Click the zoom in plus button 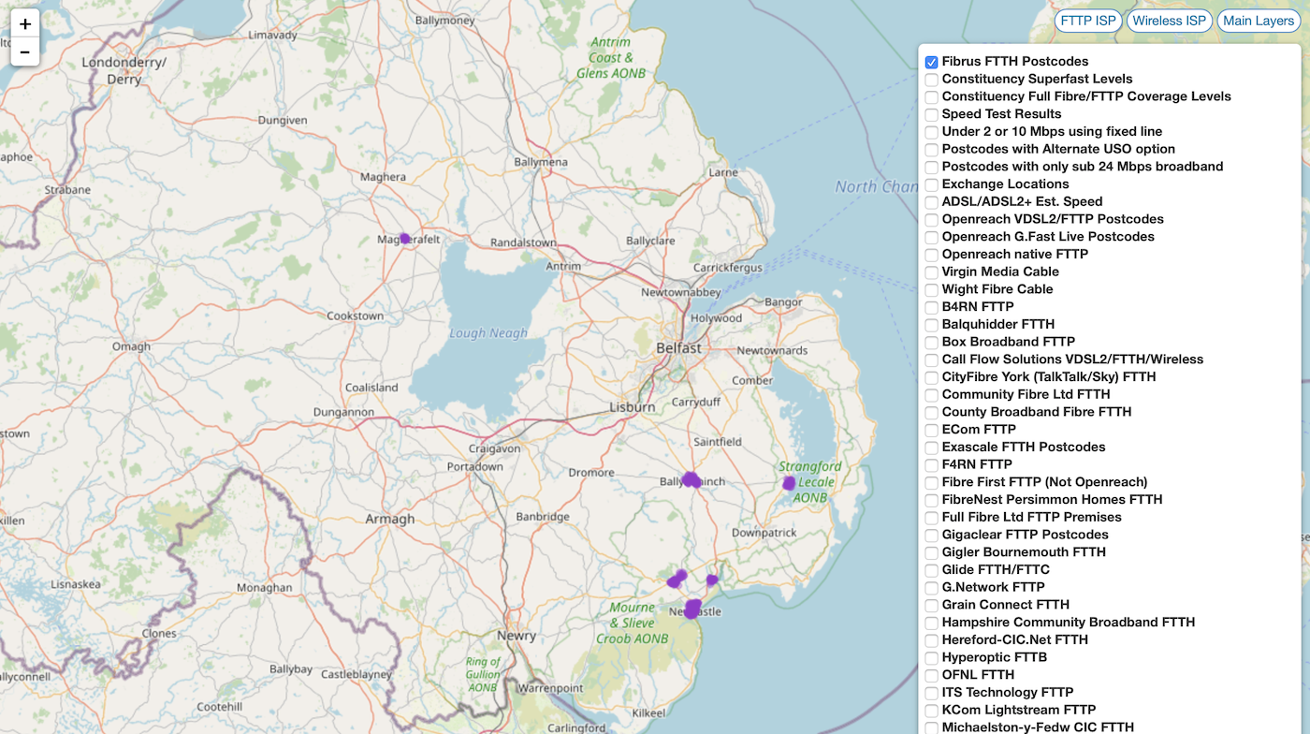[x=25, y=24]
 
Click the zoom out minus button [x=25, y=52]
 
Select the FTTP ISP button [x=1087, y=21]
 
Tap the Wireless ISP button [x=1170, y=21]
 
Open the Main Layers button [x=1259, y=21]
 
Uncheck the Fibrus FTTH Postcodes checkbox [x=932, y=62]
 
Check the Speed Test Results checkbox [x=932, y=114]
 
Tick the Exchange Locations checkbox [x=932, y=184]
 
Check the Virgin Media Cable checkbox [x=932, y=272]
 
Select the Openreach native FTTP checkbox [x=932, y=255]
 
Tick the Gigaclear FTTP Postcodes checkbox [x=932, y=536]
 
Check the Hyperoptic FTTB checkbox [x=932, y=658]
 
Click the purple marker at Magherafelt [x=405, y=239]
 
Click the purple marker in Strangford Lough [x=789, y=483]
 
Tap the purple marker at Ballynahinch [x=691, y=479]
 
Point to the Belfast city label [x=678, y=347]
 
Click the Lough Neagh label [x=488, y=333]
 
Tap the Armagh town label [x=389, y=519]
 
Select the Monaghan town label [x=264, y=588]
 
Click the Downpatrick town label [x=764, y=532]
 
